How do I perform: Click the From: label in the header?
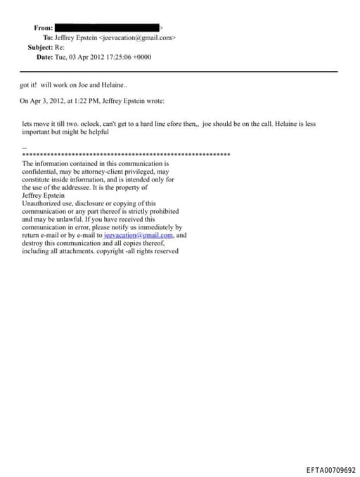pos(44,27)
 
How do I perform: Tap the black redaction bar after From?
pos(108,27)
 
